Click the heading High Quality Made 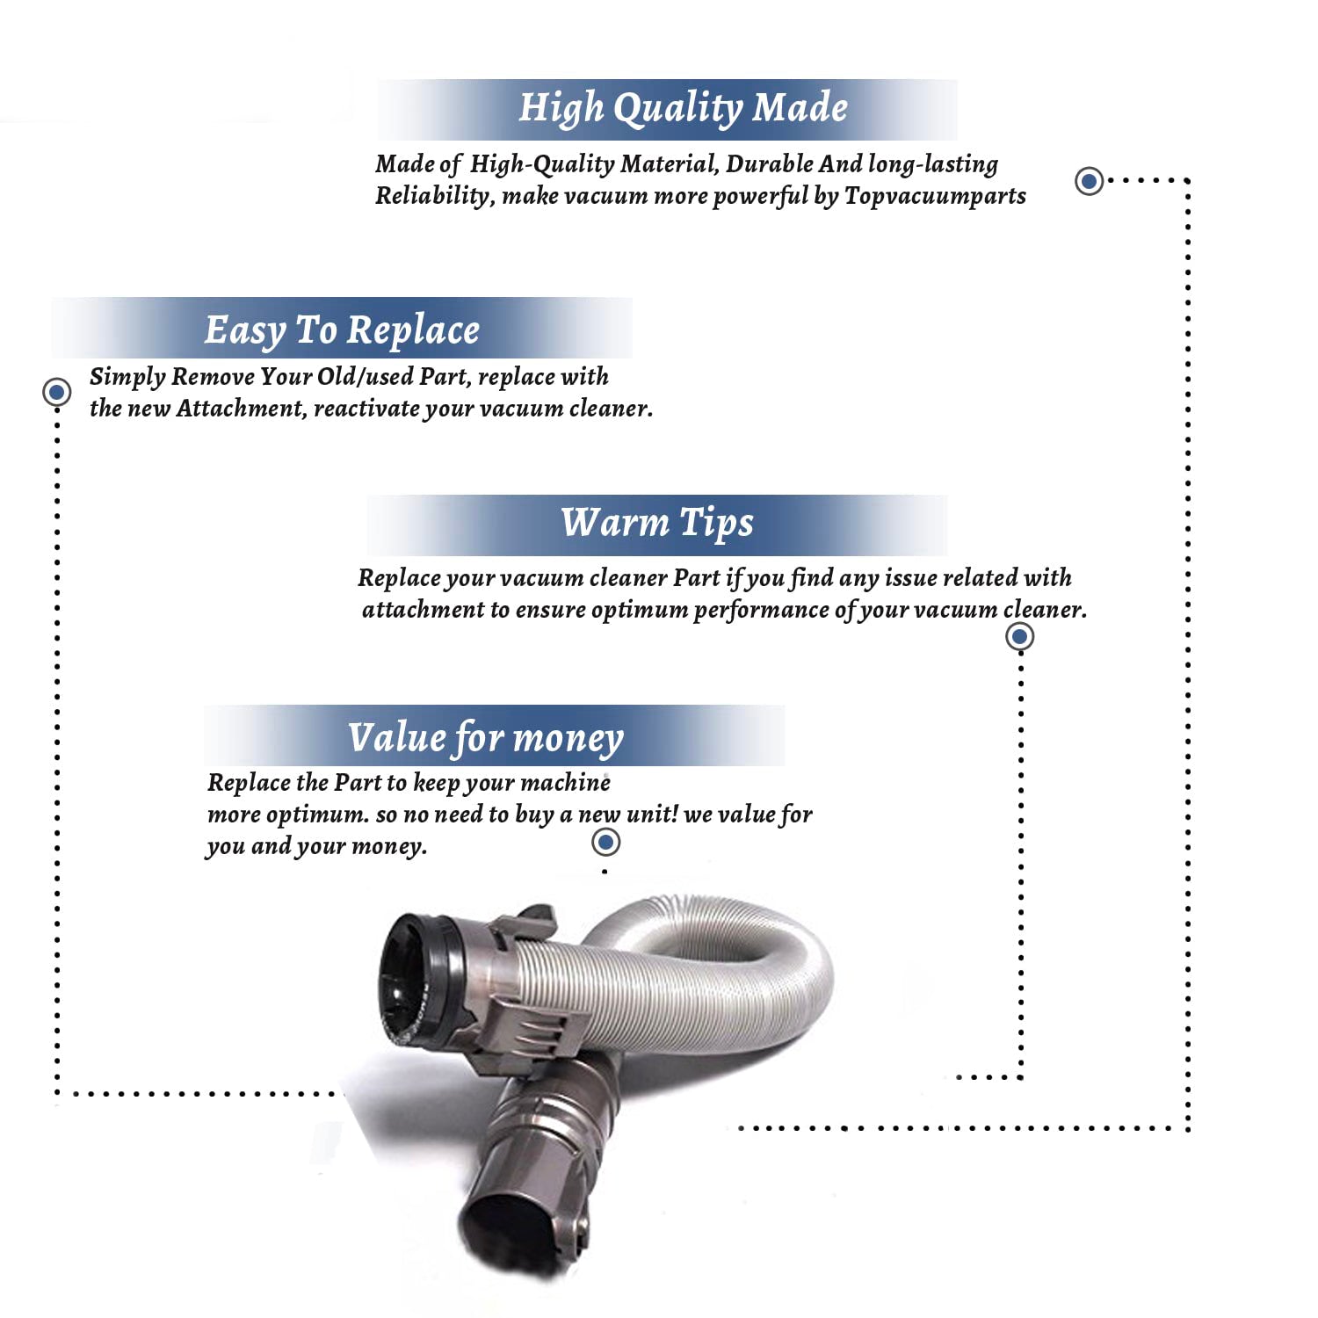(683, 108)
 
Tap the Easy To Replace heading (342, 330)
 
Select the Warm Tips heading (657, 523)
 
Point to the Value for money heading (486, 738)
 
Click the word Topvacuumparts (935, 196)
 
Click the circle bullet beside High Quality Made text (1090, 181)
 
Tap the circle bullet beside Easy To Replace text (57, 391)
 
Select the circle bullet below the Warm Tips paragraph (1019, 636)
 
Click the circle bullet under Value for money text (605, 843)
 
